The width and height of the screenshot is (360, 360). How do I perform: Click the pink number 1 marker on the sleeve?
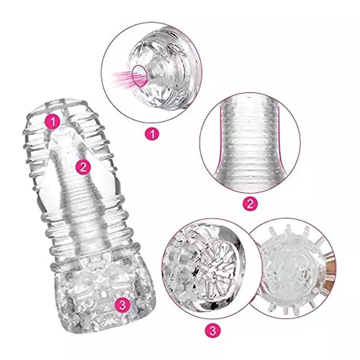(x=53, y=122)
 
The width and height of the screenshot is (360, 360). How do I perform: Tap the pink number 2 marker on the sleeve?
(x=83, y=167)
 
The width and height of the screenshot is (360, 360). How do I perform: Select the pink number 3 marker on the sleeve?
(x=122, y=305)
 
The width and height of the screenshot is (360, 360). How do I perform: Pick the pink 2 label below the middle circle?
(x=250, y=204)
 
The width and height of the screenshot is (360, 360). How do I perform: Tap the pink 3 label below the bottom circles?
(x=213, y=331)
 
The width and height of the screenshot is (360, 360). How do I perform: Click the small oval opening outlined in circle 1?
(x=140, y=75)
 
